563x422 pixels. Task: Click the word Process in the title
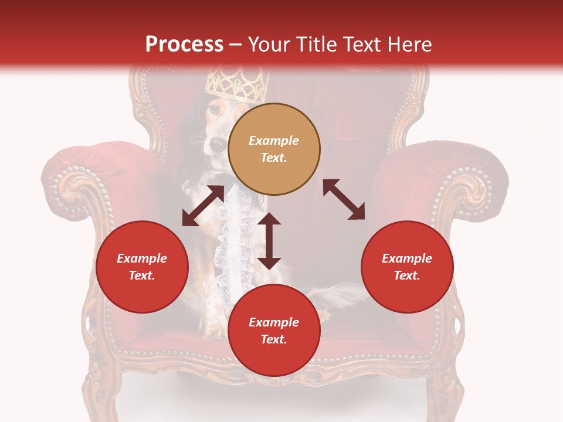[x=184, y=45]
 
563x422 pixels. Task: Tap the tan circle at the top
[x=274, y=149]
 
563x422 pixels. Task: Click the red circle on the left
[x=142, y=267]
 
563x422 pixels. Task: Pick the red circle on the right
[x=407, y=267]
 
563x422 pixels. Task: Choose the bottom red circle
[x=274, y=331]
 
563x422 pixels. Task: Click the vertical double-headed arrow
[x=269, y=241]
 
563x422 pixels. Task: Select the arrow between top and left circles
[x=203, y=206]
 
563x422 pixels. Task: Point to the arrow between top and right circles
[x=344, y=199]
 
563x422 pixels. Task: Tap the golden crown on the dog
[x=237, y=86]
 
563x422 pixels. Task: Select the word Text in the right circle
[x=407, y=275]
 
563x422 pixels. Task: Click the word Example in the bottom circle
[x=274, y=322]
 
